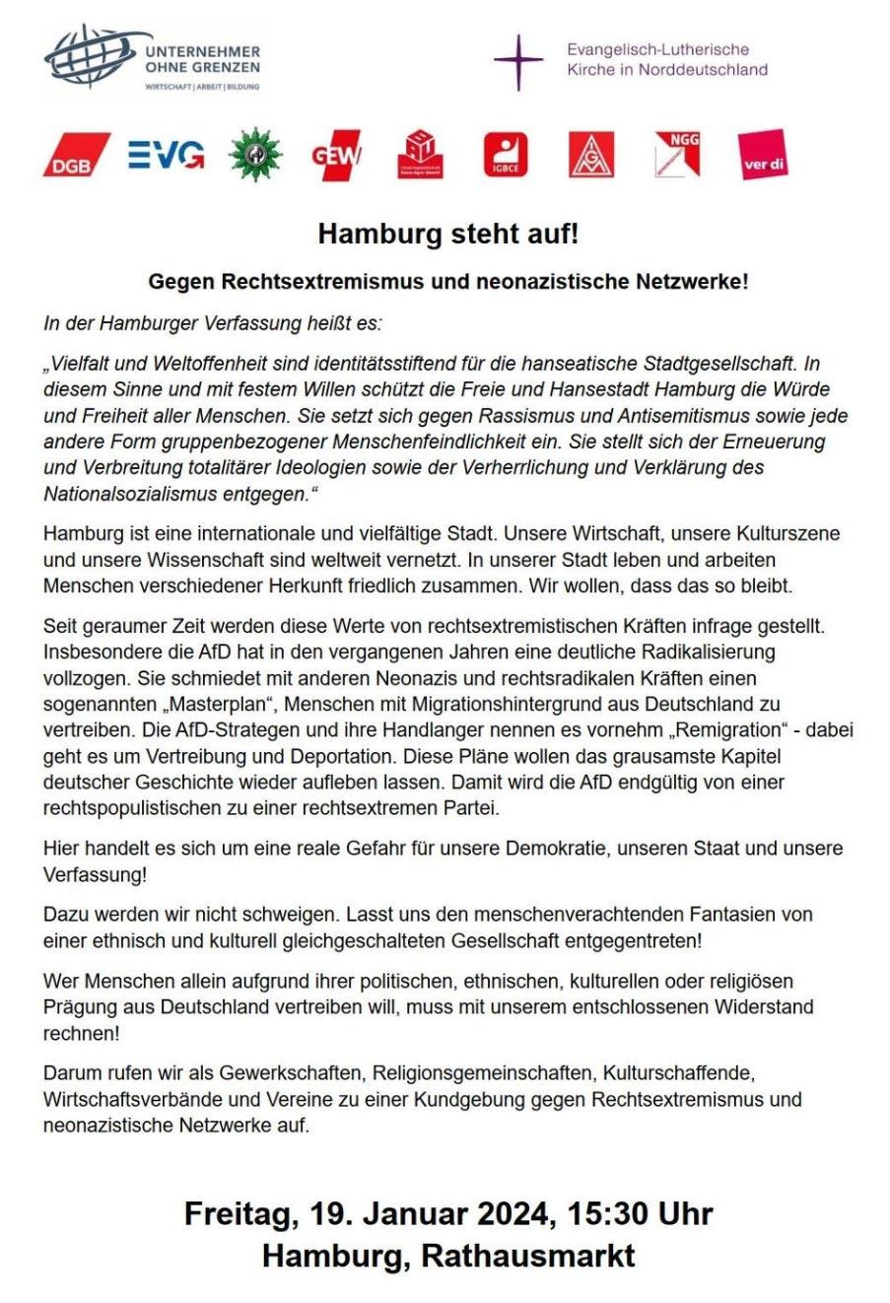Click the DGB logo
click(x=75, y=156)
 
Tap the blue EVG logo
click(x=166, y=155)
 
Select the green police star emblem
click(x=254, y=155)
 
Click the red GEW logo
click(x=336, y=156)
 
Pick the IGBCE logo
click(x=506, y=156)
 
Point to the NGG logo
click(x=677, y=155)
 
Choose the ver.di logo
click(x=764, y=156)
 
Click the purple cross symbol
click(x=518, y=61)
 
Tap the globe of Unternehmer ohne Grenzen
click(x=89, y=59)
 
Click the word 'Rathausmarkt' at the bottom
click(x=528, y=1256)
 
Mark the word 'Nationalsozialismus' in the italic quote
click(x=127, y=494)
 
